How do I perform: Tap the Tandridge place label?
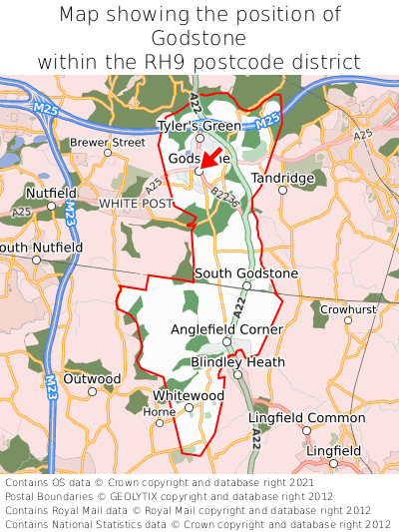[x=281, y=177]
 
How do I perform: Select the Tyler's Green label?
[x=199, y=126]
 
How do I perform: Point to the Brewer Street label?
[x=107, y=143]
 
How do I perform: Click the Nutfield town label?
[x=51, y=193]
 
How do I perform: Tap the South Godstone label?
[x=246, y=272]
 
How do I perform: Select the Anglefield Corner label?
[x=226, y=329]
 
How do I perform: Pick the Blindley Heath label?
[x=237, y=361]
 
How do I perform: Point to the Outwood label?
[x=92, y=378]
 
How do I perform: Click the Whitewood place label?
[x=189, y=395]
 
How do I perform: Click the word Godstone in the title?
[x=199, y=38]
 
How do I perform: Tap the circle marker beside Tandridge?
[x=282, y=190]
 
